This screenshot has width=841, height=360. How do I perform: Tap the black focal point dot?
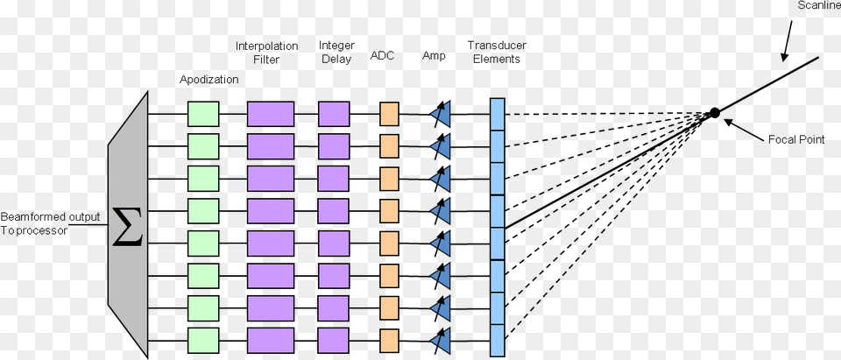[715, 112]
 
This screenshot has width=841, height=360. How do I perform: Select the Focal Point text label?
[795, 139]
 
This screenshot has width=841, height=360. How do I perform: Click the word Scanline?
[818, 7]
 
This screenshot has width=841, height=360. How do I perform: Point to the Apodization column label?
[208, 79]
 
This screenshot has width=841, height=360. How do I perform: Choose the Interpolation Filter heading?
[266, 53]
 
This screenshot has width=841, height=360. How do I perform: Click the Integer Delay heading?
[336, 53]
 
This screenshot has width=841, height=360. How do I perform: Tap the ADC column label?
[383, 56]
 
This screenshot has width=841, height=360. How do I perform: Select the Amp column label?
[434, 56]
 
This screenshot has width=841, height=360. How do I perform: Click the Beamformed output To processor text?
[50, 224]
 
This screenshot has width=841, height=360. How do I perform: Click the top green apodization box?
[202, 114]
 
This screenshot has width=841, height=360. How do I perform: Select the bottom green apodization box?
[202, 339]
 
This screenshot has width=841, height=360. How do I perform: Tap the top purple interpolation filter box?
[270, 114]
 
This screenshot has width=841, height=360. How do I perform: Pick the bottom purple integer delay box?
[334, 339]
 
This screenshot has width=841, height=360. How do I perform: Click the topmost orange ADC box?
[389, 114]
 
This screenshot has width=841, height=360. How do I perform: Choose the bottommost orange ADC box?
[389, 339]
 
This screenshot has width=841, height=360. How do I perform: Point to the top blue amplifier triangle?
[442, 114]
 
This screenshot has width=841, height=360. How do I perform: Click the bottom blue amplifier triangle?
[442, 339]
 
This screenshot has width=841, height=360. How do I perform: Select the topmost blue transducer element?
[498, 114]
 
